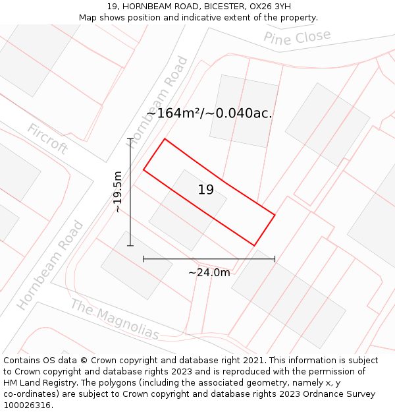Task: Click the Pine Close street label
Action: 297,38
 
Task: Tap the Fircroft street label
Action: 47,138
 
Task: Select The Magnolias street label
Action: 115,320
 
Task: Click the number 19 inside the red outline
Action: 205,190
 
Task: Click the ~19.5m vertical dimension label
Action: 118,192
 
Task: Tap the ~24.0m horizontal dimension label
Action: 209,272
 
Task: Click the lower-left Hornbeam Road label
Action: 51,265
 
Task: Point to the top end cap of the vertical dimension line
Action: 130,138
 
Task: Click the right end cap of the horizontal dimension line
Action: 275,259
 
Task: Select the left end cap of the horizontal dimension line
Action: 144,259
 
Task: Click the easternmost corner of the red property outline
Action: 275,215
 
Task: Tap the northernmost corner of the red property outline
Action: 165,138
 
